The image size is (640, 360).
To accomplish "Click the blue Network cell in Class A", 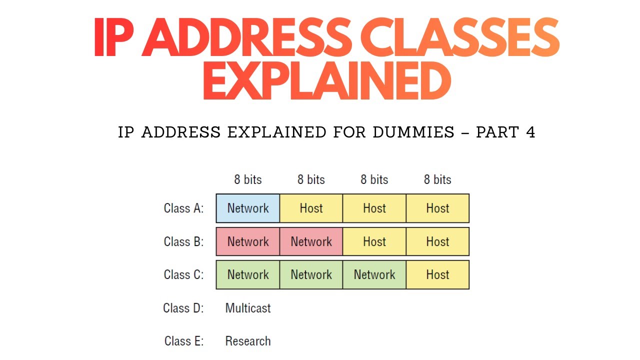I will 248,208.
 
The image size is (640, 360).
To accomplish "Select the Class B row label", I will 183,242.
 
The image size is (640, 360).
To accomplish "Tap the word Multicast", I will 248,308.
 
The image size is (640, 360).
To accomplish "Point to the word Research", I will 248,341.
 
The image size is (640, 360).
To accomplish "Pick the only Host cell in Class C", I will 437,275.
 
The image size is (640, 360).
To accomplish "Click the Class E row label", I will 183,341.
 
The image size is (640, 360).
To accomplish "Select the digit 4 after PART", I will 530,132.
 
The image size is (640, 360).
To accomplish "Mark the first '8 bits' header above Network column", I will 248,180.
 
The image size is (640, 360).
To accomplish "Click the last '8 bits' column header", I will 437,180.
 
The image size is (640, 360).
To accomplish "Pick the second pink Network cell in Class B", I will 311,242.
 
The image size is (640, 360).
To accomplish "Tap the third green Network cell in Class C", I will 374,275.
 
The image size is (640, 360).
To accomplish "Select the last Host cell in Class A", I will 437,208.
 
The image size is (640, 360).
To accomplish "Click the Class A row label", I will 183,208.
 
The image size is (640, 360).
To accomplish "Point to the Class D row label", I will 183,308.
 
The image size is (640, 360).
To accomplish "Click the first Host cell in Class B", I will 374,242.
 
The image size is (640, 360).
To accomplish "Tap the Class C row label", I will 183,275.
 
